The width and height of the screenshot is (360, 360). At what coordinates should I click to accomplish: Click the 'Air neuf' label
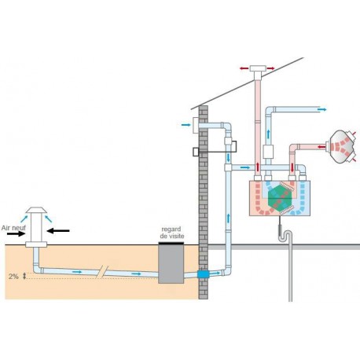tap(13, 228)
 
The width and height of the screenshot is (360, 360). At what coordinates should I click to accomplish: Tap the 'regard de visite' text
tap(172, 233)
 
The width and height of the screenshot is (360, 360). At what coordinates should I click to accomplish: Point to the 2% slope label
tap(13, 276)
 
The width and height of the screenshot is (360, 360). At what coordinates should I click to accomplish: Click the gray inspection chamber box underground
tap(171, 263)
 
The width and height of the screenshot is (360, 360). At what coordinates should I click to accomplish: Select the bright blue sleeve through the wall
tap(203, 274)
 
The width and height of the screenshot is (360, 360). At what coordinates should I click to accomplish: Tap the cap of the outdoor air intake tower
tap(36, 210)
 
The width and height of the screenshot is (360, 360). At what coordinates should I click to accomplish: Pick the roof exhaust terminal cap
tap(258, 68)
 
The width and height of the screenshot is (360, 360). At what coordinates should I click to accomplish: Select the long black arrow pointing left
tap(58, 231)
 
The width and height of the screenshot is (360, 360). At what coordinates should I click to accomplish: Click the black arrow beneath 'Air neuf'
tap(16, 234)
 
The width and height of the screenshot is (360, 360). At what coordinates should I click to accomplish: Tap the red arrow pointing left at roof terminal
tap(244, 68)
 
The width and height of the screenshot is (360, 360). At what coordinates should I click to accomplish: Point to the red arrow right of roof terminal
tap(270, 68)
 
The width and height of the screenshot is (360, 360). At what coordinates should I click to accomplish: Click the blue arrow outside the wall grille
tap(186, 125)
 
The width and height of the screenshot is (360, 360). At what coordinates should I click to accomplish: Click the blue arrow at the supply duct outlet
tap(322, 109)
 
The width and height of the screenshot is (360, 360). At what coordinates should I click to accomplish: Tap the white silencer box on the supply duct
tap(268, 152)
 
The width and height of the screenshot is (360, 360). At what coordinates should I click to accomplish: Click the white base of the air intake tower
tap(36, 244)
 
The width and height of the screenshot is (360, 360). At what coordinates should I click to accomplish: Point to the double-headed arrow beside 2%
tap(24, 276)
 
